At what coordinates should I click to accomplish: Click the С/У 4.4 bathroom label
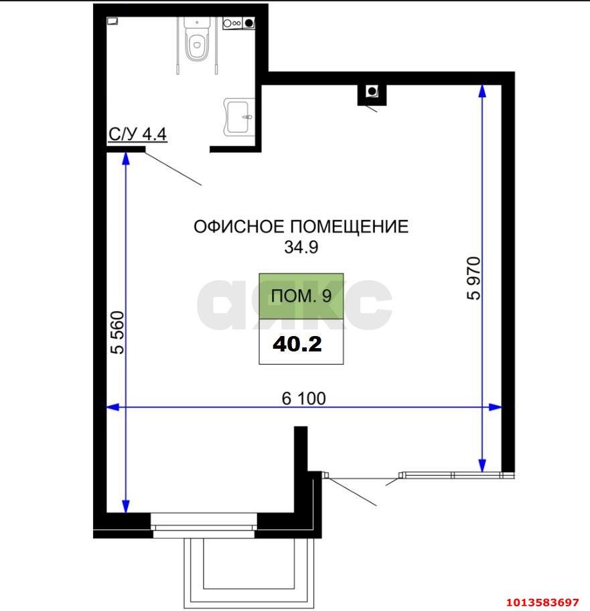pos(137,134)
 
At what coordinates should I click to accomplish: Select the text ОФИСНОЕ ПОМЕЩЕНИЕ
pos(301,227)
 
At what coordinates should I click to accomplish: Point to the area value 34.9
pos(301,247)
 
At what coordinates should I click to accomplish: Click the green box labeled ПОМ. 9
pos(301,296)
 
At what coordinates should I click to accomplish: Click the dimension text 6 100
pos(303,398)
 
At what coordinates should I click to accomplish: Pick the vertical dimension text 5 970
pos(474,278)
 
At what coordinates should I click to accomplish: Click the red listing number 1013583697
pos(541,601)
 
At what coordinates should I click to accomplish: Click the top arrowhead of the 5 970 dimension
pos(482,92)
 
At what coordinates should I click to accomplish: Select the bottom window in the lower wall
pos(204,521)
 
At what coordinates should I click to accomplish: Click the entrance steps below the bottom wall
pos(248,570)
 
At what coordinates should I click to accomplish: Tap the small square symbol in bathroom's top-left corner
pos(113,21)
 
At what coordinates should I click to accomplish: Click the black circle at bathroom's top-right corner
pos(249,23)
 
